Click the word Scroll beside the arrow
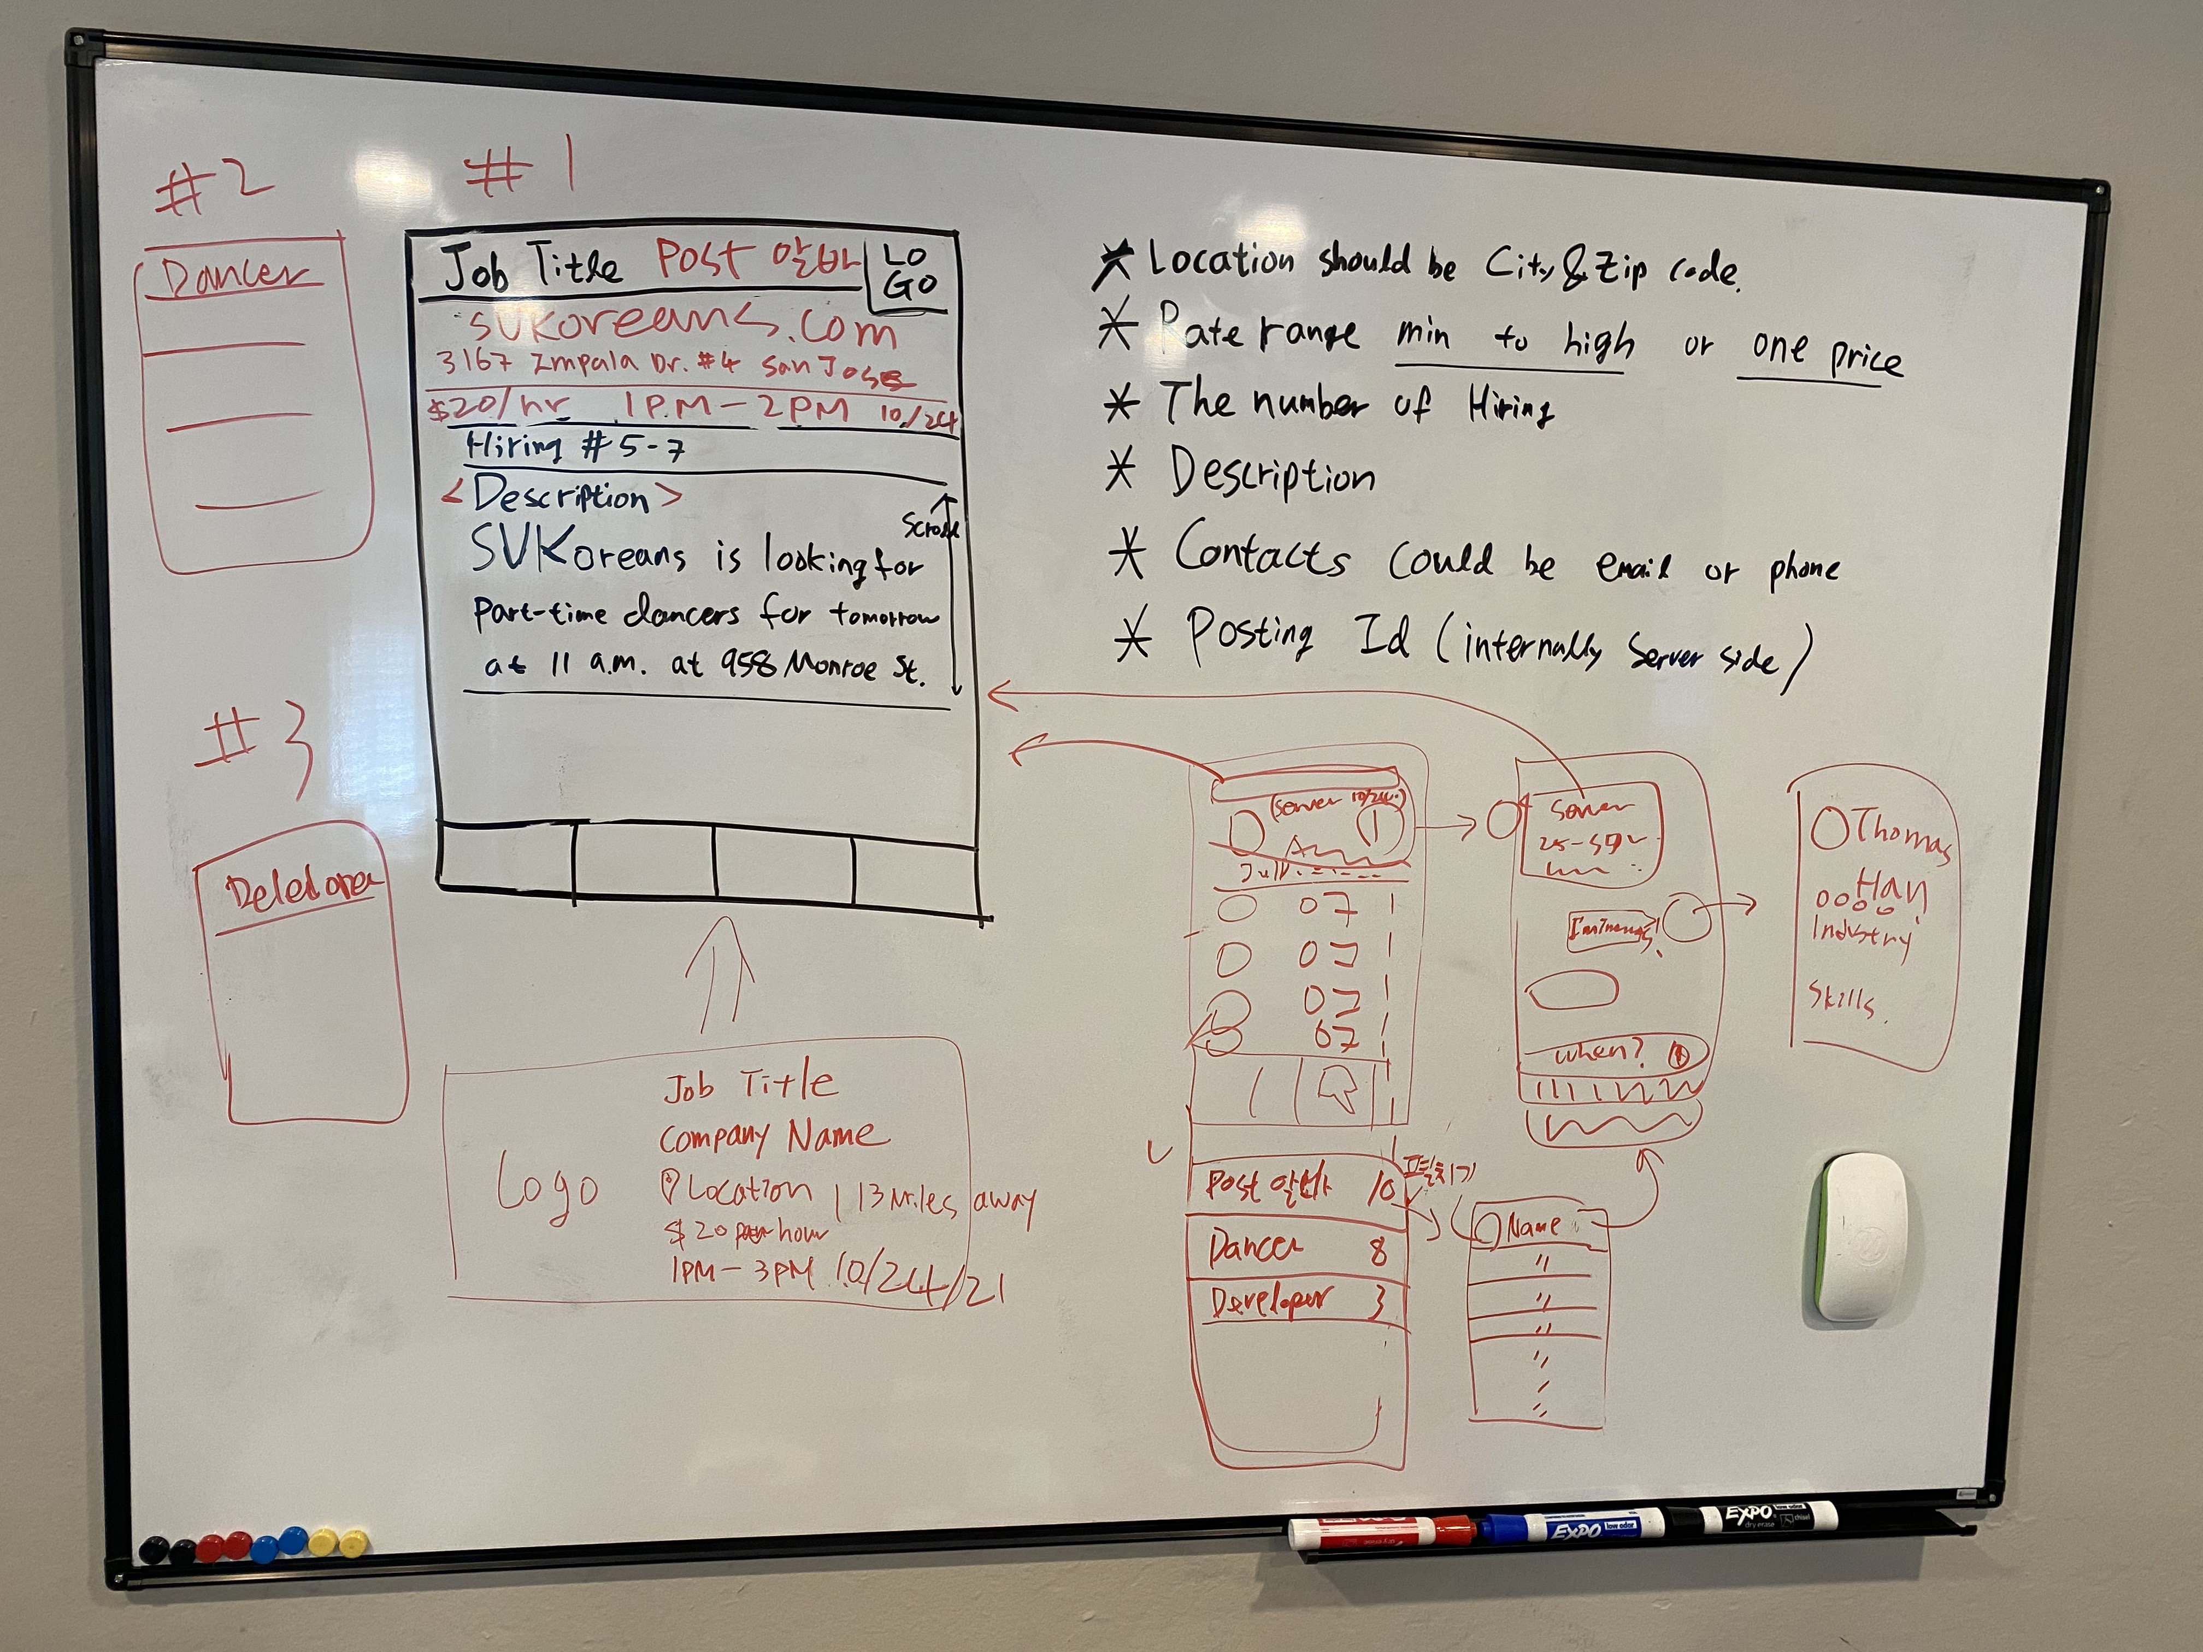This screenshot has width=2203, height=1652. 928,526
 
